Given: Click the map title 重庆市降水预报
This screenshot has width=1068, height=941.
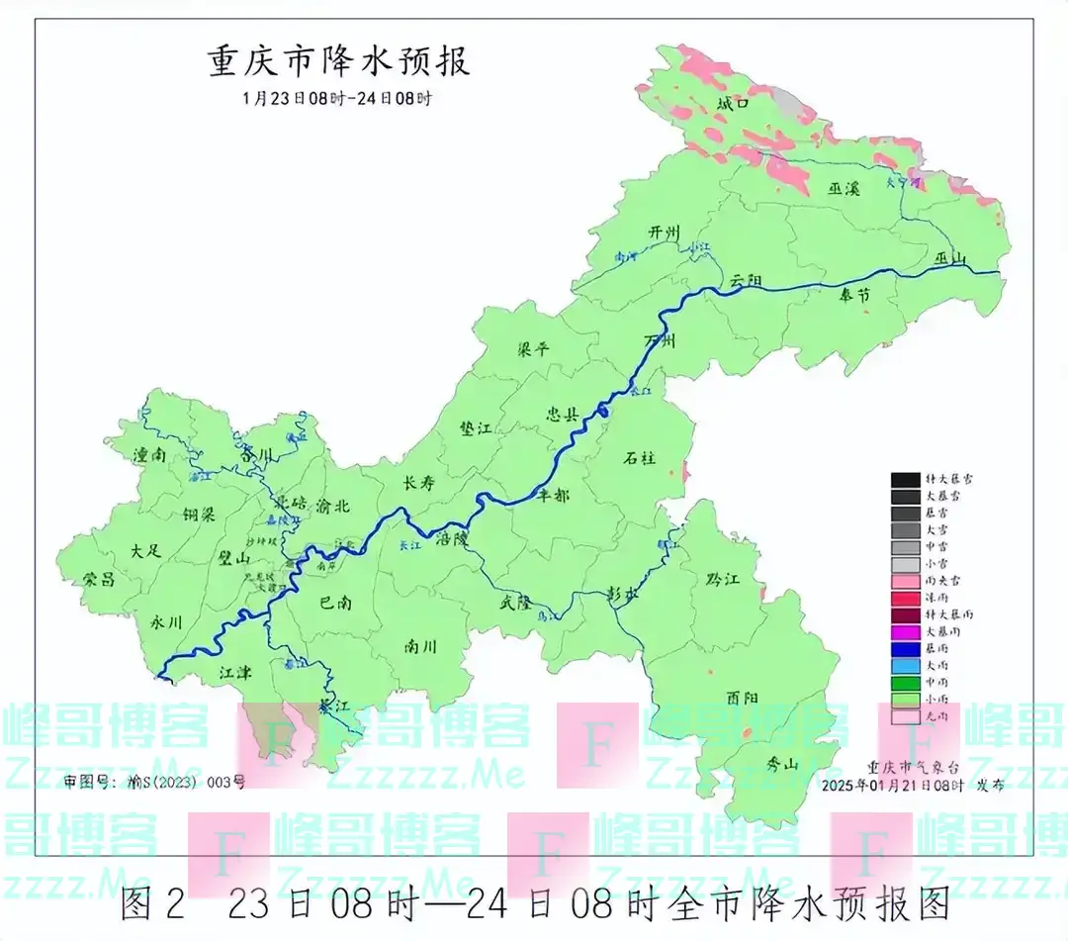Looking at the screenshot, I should tap(338, 61).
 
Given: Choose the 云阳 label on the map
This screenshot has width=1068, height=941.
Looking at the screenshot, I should tap(749, 281).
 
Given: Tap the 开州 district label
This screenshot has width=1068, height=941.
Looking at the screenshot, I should tap(665, 233).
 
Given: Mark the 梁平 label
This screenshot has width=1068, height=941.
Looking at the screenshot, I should tap(534, 348).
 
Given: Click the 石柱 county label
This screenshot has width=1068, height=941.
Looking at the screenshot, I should tap(640, 457).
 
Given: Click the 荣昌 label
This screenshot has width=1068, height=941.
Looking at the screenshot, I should tap(99, 580).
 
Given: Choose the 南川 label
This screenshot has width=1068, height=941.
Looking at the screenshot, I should tap(420, 647).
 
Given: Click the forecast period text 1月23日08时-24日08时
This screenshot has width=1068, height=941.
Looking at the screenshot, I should tap(338, 98).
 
